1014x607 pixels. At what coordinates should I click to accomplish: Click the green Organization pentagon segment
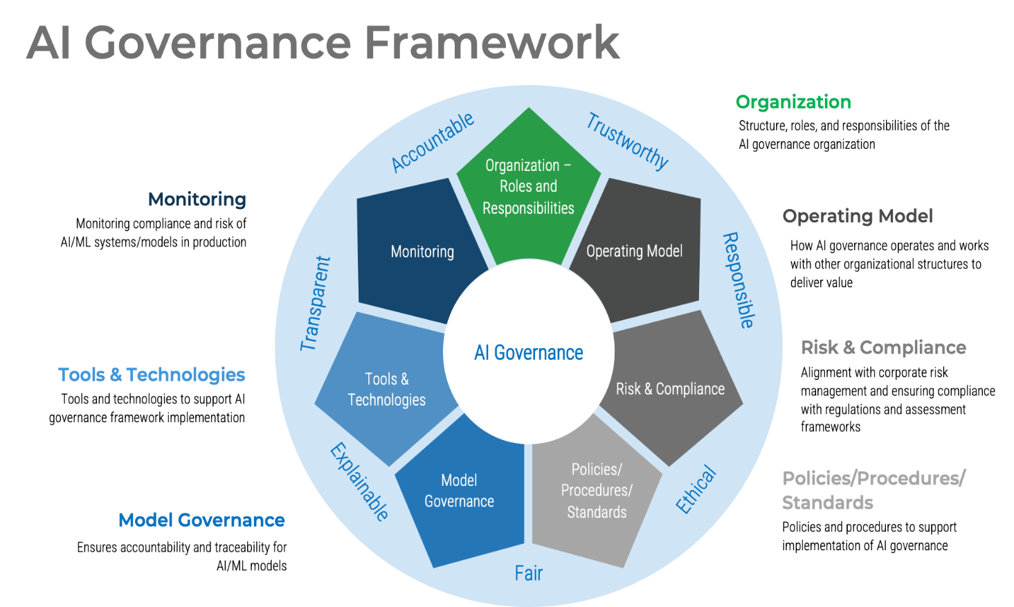[528, 185]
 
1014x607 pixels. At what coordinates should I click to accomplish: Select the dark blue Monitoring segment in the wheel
[422, 251]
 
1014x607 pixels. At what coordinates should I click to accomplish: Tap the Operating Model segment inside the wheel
[635, 251]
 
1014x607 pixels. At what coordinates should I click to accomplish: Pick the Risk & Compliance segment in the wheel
[670, 388]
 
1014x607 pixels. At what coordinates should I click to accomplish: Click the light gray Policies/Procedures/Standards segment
[597, 490]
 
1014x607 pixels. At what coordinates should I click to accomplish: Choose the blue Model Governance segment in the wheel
[459, 491]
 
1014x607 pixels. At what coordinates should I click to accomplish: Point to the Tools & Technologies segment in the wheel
[387, 389]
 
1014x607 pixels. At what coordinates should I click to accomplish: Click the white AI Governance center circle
[528, 352]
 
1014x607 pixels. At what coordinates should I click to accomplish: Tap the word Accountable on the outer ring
[433, 143]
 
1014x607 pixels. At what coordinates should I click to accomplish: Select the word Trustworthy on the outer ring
[627, 141]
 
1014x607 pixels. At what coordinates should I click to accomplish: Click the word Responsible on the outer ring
[739, 280]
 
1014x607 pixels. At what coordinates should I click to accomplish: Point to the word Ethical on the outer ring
[696, 490]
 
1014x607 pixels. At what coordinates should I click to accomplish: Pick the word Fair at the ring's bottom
[528, 573]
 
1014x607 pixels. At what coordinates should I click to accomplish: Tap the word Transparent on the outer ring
[316, 303]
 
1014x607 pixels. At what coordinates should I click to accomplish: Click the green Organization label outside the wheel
[793, 102]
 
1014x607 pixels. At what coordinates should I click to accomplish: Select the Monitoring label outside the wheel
[197, 199]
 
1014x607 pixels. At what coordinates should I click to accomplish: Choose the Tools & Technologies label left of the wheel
[152, 375]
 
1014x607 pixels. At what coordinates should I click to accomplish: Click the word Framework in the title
[491, 43]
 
